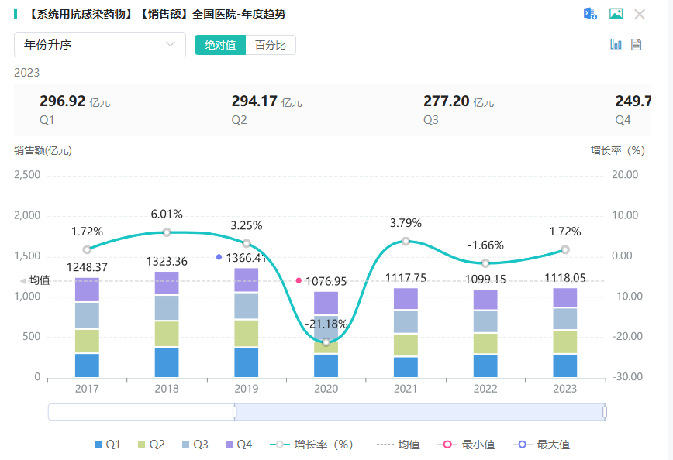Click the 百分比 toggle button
click(x=271, y=45)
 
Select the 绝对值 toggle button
click(x=220, y=45)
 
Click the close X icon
click(x=640, y=14)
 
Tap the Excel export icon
click(x=590, y=14)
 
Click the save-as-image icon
click(x=616, y=14)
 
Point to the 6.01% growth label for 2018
click(x=167, y=215)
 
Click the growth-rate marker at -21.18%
click(x=326, y=342)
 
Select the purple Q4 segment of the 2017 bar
click(x=87, y=290)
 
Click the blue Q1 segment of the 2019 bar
click(x=247, y=362)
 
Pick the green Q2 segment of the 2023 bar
click(x=565, y=342)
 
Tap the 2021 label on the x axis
click(x=406, y=390)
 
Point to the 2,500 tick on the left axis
click(x=27, y=175)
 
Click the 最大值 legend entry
click(x=546, y=445)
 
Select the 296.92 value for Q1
click(x=62, y=101)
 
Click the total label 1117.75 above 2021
click(x=406, y=279)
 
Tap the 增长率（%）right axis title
click(x=617, y=150)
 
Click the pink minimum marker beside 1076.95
click(x=299, y=280)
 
